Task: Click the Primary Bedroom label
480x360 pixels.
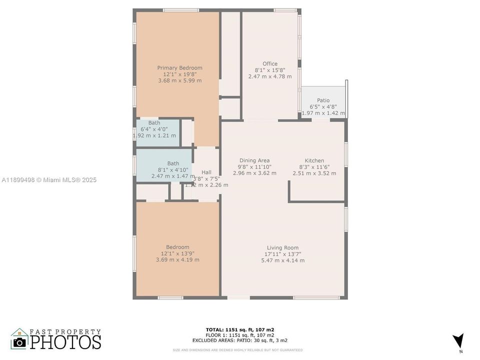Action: pos(179,68)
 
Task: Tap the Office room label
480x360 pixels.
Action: pos(269,64)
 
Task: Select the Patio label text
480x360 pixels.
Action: pos(323,100)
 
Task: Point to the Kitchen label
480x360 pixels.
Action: pos(314,160)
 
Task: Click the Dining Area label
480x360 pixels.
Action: pos(254,160)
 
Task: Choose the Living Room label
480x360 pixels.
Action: pos(282,247)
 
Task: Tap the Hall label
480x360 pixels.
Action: pos(206,172)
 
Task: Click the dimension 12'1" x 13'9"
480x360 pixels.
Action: pos(177,253)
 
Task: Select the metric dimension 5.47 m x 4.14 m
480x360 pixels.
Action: pos(282,260)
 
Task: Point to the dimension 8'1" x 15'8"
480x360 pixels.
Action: pos(269,70)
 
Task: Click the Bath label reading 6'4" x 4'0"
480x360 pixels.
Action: pos(154,123)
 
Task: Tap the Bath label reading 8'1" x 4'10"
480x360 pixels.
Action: pos(173,163)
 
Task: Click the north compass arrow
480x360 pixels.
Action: pos(457,341)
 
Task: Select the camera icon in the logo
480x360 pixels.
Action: pos(19,342)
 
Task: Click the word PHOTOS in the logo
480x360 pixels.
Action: pos(65,342)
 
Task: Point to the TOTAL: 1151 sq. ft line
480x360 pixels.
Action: pos(239,329)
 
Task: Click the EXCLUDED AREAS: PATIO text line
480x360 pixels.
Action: pos(239,340)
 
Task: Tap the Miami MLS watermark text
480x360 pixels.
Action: pos(48,180)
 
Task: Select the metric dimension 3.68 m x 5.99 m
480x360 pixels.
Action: pos(179,80)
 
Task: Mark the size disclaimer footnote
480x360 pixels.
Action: pos(237,350)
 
